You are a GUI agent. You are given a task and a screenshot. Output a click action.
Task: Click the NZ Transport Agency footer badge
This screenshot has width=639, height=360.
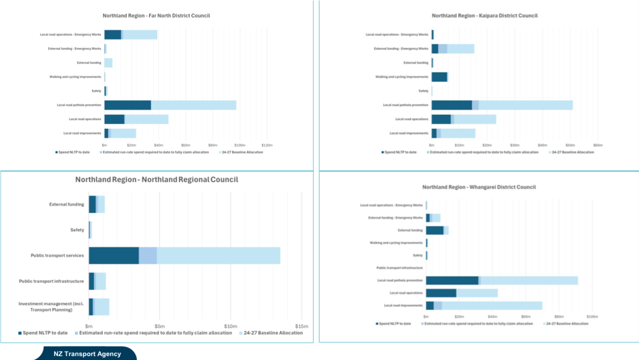coord(87,354)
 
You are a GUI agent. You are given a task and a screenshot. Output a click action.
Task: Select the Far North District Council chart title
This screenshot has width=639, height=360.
coord(156,16)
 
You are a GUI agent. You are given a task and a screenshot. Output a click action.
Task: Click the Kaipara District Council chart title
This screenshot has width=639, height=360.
coord(485,16)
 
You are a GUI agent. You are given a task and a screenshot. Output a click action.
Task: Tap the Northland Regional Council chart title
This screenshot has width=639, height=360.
coord(157,180)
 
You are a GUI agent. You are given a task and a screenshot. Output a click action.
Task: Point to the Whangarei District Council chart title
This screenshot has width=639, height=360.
coord(479,187)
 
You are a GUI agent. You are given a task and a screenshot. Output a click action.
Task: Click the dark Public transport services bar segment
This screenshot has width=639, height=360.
coord(114,256)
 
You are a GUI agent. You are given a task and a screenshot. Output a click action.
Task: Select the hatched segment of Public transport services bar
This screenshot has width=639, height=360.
coord(148,256)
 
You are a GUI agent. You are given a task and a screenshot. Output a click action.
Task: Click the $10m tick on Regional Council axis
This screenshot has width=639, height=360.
coord(230,326)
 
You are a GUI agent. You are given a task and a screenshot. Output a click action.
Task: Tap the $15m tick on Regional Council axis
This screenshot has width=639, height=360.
coord(301,326)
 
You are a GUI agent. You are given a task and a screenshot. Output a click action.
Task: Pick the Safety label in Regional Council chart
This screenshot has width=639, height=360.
coord(77,230)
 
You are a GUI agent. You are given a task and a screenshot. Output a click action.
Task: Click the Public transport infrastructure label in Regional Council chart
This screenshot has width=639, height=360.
coord(51,281)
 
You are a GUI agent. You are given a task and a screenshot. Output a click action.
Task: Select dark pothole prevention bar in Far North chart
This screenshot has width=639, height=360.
coord(127,105)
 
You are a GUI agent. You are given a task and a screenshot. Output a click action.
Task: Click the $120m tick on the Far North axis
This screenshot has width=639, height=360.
coord(267,145)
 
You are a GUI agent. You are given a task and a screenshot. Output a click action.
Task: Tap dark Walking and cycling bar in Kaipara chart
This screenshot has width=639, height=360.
coord(439,77)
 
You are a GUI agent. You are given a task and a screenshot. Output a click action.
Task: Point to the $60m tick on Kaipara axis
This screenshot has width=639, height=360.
coord(597,145)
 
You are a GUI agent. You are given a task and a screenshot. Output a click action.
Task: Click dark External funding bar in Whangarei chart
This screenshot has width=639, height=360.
coord(435,230)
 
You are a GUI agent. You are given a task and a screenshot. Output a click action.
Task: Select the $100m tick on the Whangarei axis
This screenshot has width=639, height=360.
coord(592,317)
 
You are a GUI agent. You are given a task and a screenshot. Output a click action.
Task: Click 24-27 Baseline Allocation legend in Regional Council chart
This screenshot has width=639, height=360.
coord(273,333)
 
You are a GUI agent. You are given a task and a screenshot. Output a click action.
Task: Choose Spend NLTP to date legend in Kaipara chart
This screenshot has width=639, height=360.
coord(400,152)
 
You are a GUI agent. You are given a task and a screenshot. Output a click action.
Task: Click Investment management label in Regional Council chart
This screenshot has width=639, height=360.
coord(51,307)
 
